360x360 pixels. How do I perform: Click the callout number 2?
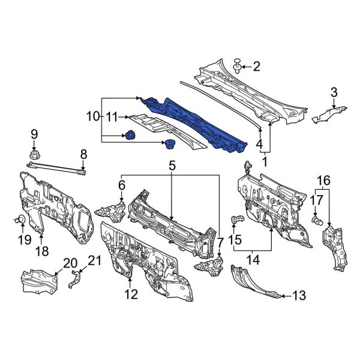257,66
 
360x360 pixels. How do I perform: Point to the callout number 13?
299,295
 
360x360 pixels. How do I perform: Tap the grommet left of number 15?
237,219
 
